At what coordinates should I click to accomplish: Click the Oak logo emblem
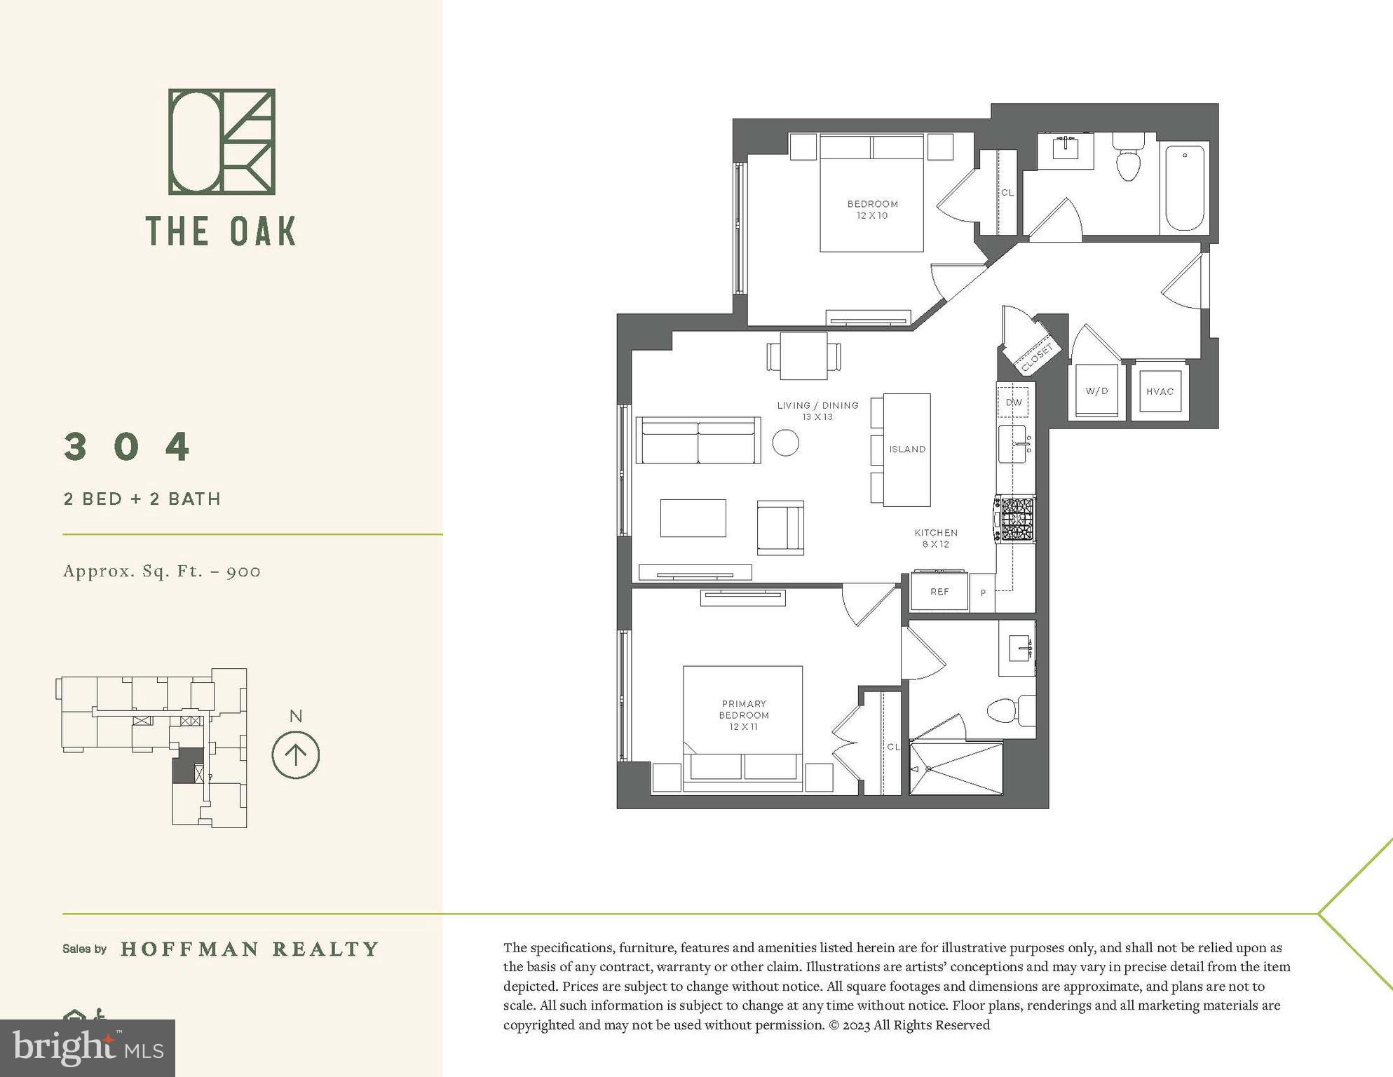tap(222, 142)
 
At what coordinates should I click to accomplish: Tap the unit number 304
tap(127, 447)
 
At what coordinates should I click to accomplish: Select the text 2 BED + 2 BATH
tap(142, 499)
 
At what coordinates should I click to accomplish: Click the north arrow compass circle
tap(296, 755)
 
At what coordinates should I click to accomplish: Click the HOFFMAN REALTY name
tap(250, 949)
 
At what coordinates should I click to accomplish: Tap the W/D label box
tap(1096, 391)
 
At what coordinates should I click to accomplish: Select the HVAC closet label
tap(1160, 391)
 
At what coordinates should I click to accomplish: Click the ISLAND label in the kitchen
tap(907, 449)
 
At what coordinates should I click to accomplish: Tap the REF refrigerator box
tap(939, 592)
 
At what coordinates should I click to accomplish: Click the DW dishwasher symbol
tap(1013, 402)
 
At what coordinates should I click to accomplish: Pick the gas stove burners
tap(1016, 519)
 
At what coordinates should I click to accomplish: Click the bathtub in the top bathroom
tap(1185, 187)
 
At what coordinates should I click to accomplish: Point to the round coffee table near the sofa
tap(786, 442)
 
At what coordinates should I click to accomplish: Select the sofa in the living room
tap(698, 440)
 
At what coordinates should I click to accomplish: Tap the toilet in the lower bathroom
tap(1010, 711)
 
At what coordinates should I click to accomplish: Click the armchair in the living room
tap(780, 527)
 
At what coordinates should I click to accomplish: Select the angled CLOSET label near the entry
tap(1037, 358)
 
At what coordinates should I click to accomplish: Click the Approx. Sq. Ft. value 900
tap(243, 571)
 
